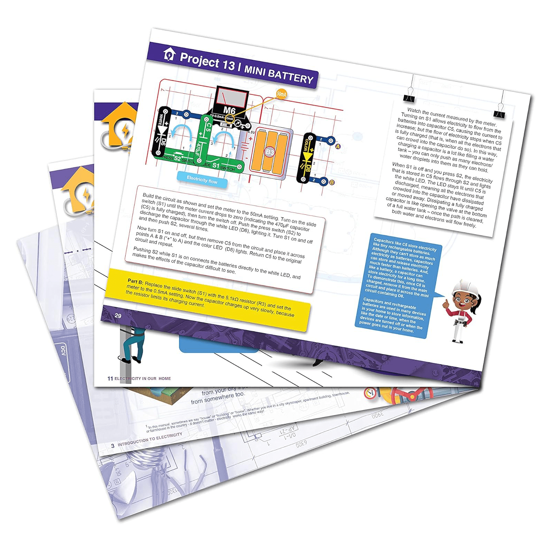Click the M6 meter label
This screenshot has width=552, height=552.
[x=229, y=111]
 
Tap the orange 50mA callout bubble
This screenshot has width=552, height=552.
[x=281, y=94]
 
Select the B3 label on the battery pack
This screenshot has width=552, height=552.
[x=270, y=152]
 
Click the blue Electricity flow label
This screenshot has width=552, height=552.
[x=202, y=180]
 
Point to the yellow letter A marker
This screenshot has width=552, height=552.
[x=338, y=146]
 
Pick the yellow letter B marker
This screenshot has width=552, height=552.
[x=332, y=182]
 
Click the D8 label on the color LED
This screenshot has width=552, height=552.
[x=307, y=169]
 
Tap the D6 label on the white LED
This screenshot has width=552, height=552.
[x=164, y=143]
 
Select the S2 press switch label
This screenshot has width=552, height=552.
[x=177, y=159]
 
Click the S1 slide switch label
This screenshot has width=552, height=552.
[x=216, y=165]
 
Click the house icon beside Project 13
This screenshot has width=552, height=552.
[x=169, y=54]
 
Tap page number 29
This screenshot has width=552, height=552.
[x=118, y=315]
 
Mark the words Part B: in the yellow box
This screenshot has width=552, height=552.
[x=135, y=281]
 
